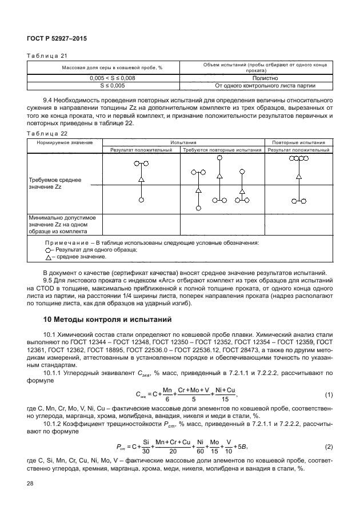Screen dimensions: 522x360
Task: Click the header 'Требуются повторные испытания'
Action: pos(222,150)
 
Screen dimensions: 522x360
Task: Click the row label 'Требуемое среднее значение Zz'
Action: pos(55,184)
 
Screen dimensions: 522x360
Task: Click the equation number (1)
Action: pos(329,395)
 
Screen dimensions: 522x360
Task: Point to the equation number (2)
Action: pos(329,446)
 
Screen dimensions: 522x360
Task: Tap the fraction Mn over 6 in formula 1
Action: pos(167,395)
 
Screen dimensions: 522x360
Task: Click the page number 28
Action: pos(31,485)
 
